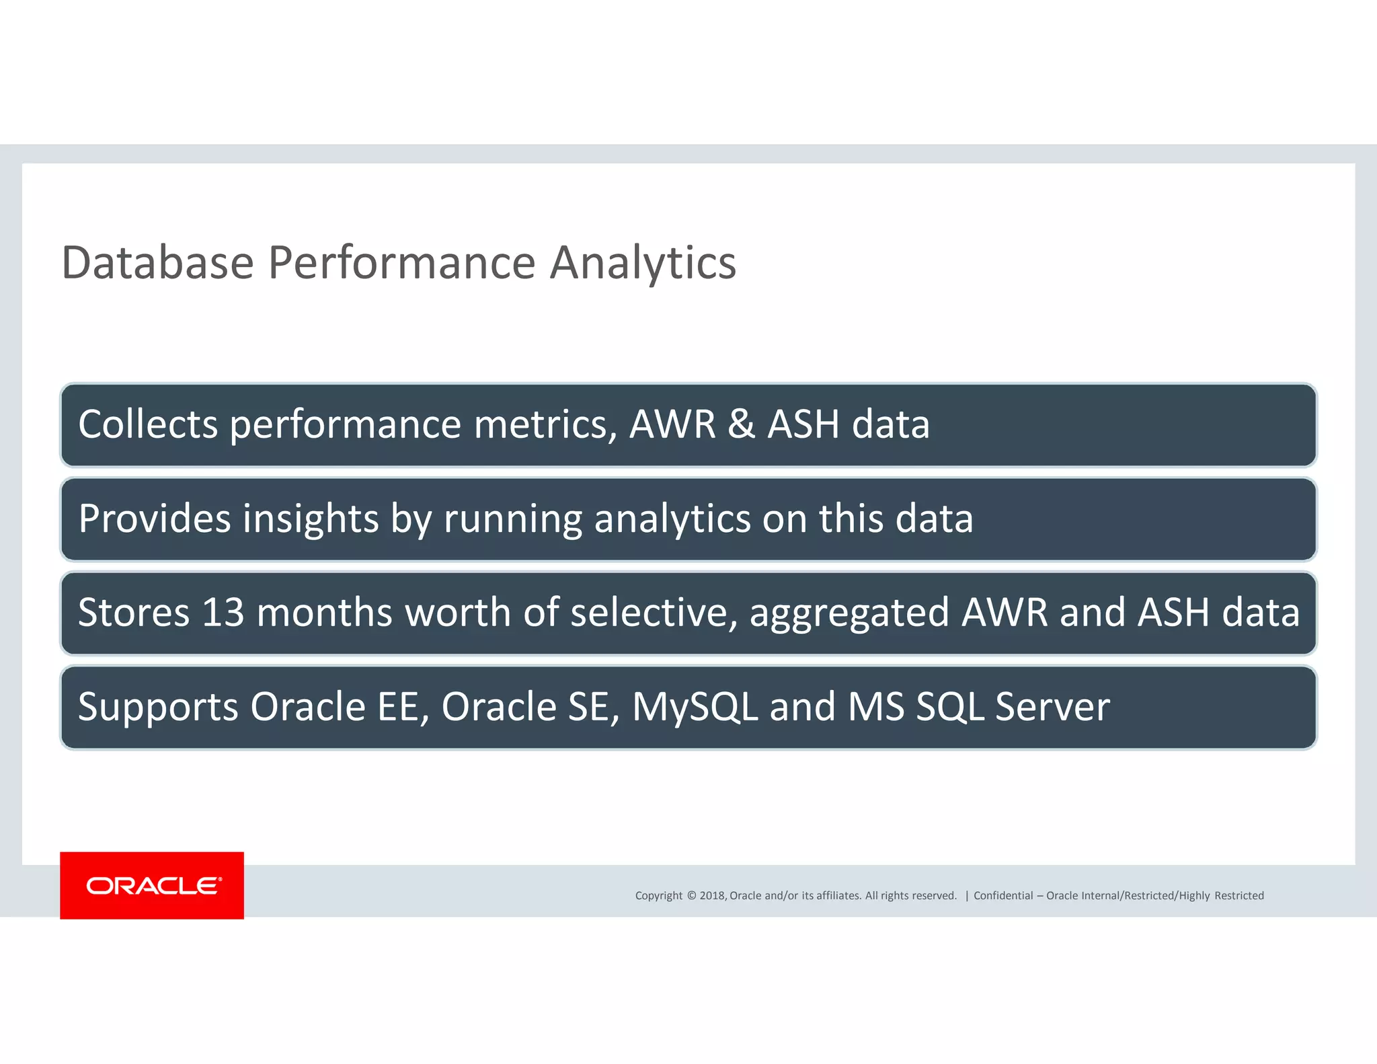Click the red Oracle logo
point(152,885)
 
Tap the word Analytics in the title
point(643,264)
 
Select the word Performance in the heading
point(401,264)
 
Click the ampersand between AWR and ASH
point(741,424)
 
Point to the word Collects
point(148,424)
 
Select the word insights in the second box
point(311,519)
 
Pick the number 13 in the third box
point(223,613)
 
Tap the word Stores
point(134,613)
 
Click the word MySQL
point(695,708)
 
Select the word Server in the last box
point(1052,707)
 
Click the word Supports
point(158,708)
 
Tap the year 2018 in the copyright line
point(712,895)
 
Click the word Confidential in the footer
point(1002,895)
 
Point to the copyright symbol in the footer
point(691,895)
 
